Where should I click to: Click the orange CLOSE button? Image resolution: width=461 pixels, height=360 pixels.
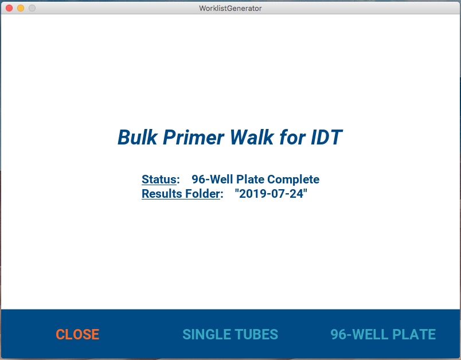(77, 334)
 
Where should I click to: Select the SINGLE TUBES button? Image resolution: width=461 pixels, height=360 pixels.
(230, 334)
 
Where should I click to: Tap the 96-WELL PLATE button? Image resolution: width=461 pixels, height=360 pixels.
(383, 334)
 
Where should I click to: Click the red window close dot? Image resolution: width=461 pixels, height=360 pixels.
(9, 8)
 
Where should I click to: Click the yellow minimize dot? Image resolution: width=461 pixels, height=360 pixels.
(21, 8)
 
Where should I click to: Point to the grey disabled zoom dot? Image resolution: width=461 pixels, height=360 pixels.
(32, 8)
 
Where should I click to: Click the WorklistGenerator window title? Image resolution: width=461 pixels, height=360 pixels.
(230, 8)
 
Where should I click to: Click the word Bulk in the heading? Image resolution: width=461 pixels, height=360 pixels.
(137, 137)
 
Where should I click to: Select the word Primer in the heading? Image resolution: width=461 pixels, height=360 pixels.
(193, 138)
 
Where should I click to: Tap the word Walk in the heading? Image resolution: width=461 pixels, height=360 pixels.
(252, 137)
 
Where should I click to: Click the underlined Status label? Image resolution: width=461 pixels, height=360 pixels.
(159, 179)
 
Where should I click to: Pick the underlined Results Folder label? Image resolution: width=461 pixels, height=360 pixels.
(181, 194)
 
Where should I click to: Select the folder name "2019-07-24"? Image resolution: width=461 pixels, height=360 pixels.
(271, 193)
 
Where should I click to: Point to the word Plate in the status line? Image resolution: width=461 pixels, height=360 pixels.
(250, 179)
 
